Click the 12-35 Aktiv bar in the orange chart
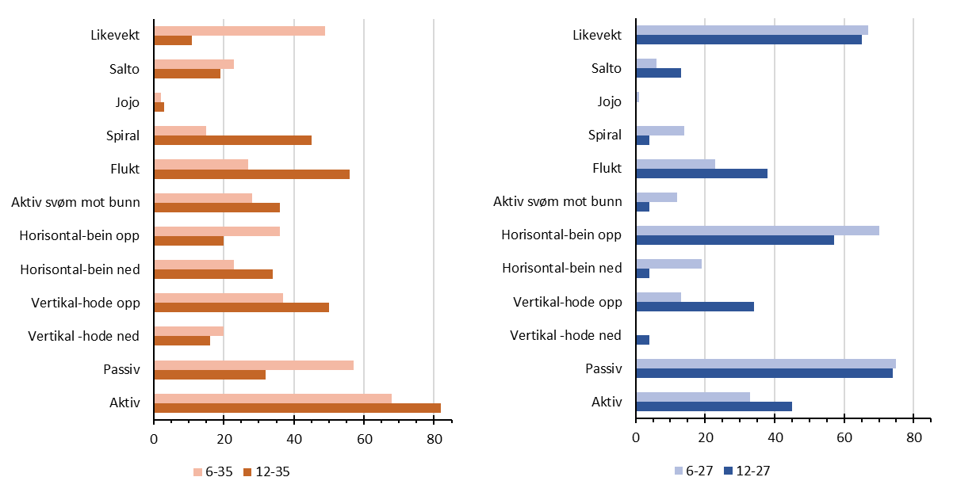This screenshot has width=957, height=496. pyautogui.click(x=297, y=407)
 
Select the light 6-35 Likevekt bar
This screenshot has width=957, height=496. pyautogui.click(x=239, y=31)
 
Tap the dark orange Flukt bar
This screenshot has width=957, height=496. pyautogui.click(x=251, y=174)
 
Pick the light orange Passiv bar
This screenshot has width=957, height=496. pyautogui.click(x=253, y=365)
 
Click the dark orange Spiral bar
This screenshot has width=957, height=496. pyautogui.click(x=232, y=140)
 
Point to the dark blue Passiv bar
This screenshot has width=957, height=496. pyautogui.click(x=764, y=373)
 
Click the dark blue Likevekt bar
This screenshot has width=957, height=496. pyautogui.click(x=748, y=40)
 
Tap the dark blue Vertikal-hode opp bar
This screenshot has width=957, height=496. pyautogui.click(x=695, y=306)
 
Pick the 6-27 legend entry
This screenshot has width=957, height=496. pyautogui.click(x=695, y=471)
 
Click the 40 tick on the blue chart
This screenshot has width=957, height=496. pyautogui.click(x=775, y=438)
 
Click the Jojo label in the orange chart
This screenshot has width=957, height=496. pyautogui.click(x=127, y=102)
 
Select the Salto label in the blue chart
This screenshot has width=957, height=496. pyautogui.click(x=607, y=68)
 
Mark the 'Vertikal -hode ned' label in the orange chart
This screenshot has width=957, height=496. pyautogui.click(x=85, y=336)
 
